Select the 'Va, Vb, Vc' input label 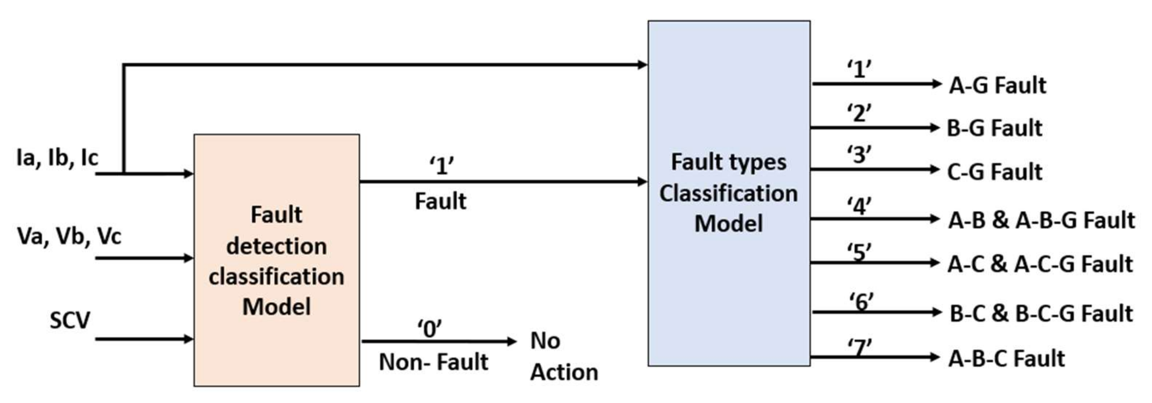pos(69,236)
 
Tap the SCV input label pos(70,320)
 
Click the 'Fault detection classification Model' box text pos(276,261)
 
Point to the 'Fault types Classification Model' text pos(729,193)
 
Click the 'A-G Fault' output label pos(997,85)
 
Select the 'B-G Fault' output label pos(994,128)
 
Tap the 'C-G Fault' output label pos(994,172)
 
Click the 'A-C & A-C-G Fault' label pos(1040,264)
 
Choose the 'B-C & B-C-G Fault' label pos(1041,313)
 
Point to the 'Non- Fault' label pos(433,362)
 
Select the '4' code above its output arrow pos(859,207)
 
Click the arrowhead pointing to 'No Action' pos(511,342)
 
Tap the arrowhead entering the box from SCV pos(189,339)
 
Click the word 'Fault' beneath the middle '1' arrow pos(441,201)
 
